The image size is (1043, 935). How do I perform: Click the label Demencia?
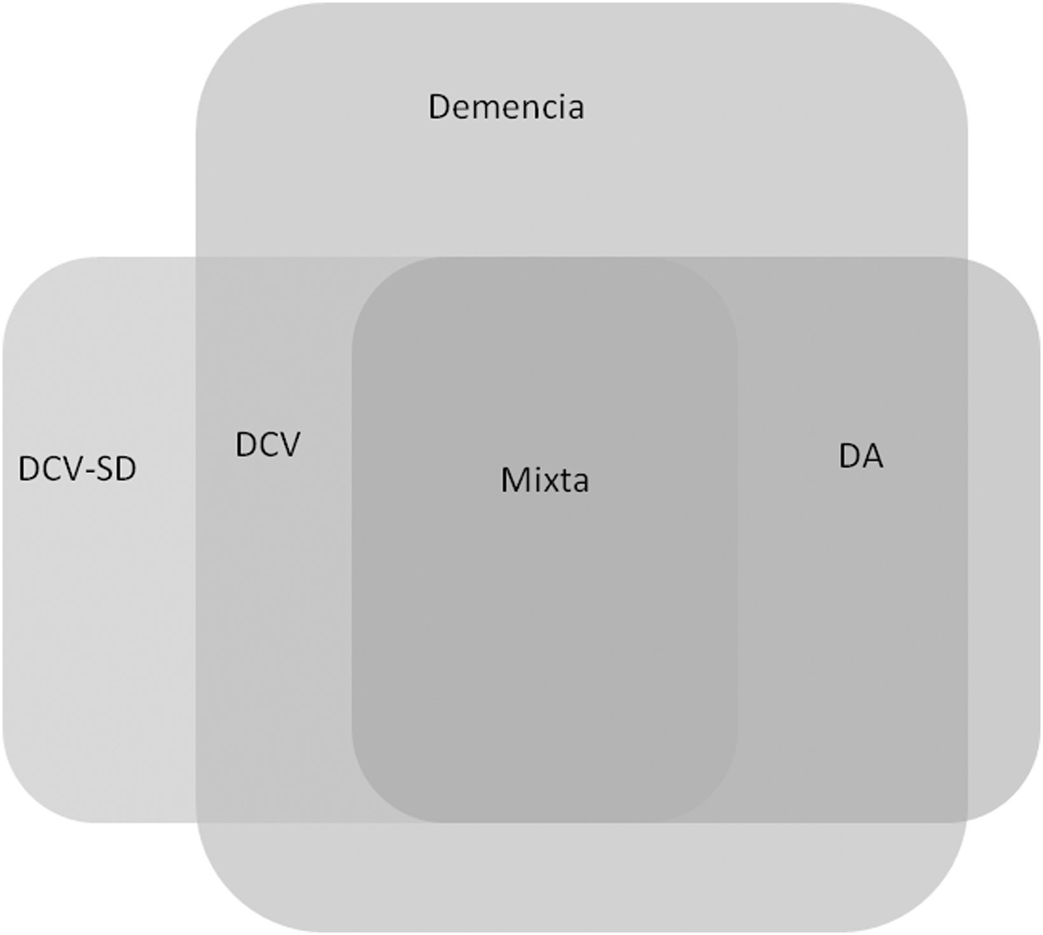[506, 107]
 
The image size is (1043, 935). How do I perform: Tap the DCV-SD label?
[78, 470]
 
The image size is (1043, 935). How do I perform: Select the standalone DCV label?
[267, 445]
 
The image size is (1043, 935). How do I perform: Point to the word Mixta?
[545, 480]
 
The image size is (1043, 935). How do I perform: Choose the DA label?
[861, 456]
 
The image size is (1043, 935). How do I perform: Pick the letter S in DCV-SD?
[105, 470]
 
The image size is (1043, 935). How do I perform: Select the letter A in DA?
[873, 456]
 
